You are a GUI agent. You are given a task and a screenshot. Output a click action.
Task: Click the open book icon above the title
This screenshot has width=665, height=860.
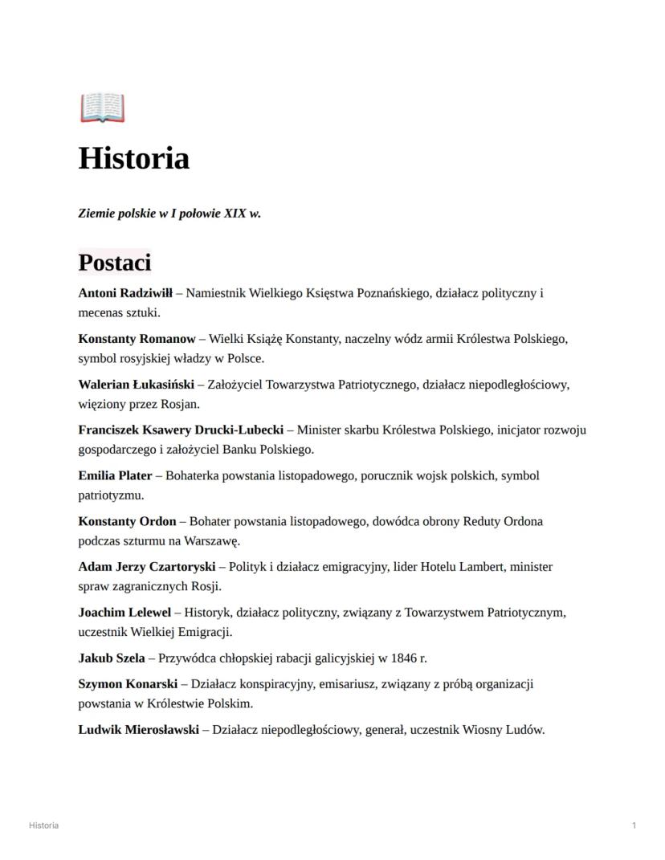click(x=102, y=108)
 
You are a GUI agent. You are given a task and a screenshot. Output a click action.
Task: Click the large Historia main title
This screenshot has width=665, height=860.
click(x=133, y=158)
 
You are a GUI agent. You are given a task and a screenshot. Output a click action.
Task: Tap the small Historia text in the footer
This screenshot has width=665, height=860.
click(x=43, y=825)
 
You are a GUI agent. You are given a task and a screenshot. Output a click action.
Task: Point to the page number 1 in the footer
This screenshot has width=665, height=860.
click(x=634, y=825)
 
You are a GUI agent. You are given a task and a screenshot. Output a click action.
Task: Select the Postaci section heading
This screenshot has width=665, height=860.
click(x=114, y=263)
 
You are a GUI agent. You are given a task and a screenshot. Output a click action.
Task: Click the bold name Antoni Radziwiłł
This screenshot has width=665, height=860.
click(x=130, y=293)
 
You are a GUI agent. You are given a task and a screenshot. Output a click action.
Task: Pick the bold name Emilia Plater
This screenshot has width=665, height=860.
click(x=115, y=475)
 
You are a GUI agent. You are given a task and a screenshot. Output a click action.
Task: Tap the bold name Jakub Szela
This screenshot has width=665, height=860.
click(x=112, y=658)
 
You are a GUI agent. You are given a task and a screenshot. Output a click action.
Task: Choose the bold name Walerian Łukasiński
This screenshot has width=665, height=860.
click(x=137, y=385)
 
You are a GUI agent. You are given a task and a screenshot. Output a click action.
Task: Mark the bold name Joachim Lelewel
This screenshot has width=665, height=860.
click(x=124, y=613)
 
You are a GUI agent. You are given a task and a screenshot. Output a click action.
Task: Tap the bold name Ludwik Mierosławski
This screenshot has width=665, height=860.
click(x=138, y=730)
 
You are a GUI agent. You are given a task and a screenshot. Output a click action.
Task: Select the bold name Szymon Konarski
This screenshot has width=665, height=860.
click(x=128, y=684)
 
